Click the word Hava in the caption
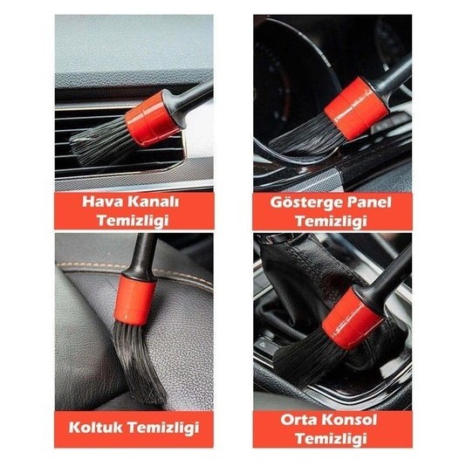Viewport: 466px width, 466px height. click(x=103, y=202)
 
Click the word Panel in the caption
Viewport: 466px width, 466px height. click(x=368, y=202)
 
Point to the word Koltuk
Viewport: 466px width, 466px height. click(x=95, y=428)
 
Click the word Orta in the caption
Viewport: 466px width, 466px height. click(x=298, y=420)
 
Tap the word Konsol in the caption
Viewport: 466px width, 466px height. click(x=349, y=420)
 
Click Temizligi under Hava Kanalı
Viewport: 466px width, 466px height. click(x=133, y=221)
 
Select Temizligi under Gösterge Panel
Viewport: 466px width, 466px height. click(x=331, y=222)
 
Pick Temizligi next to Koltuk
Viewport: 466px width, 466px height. click(x=163, y=428)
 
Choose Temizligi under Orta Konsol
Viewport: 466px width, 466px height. click(x=331, y=439)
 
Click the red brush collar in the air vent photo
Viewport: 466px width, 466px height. click(x=152, y=119)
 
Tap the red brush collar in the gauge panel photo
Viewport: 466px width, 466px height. click(x=356, y=108)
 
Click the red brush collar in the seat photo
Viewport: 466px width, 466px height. click(x=134, y=299)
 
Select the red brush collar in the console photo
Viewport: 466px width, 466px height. click(x=353, y=319)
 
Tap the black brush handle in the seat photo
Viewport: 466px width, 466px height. click(x=141, y=256)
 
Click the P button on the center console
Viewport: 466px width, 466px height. click(x=263, y=345)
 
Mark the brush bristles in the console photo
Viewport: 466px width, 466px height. click(x=309, y=357)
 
